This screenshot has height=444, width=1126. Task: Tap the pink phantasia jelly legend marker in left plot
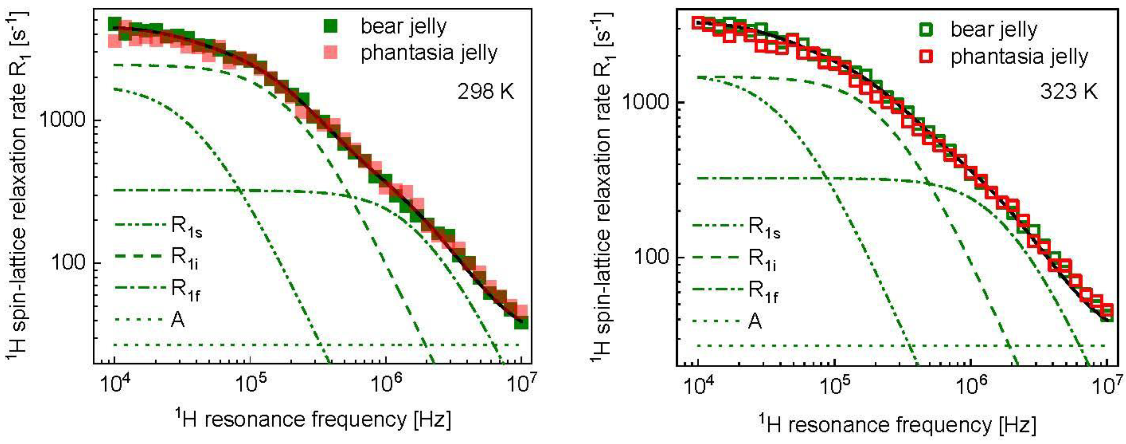coord(334,53)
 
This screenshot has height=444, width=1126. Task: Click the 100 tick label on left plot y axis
coord(70,263)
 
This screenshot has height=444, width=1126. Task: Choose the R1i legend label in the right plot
coord(763,260)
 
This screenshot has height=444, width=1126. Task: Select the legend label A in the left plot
coord(177,320)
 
